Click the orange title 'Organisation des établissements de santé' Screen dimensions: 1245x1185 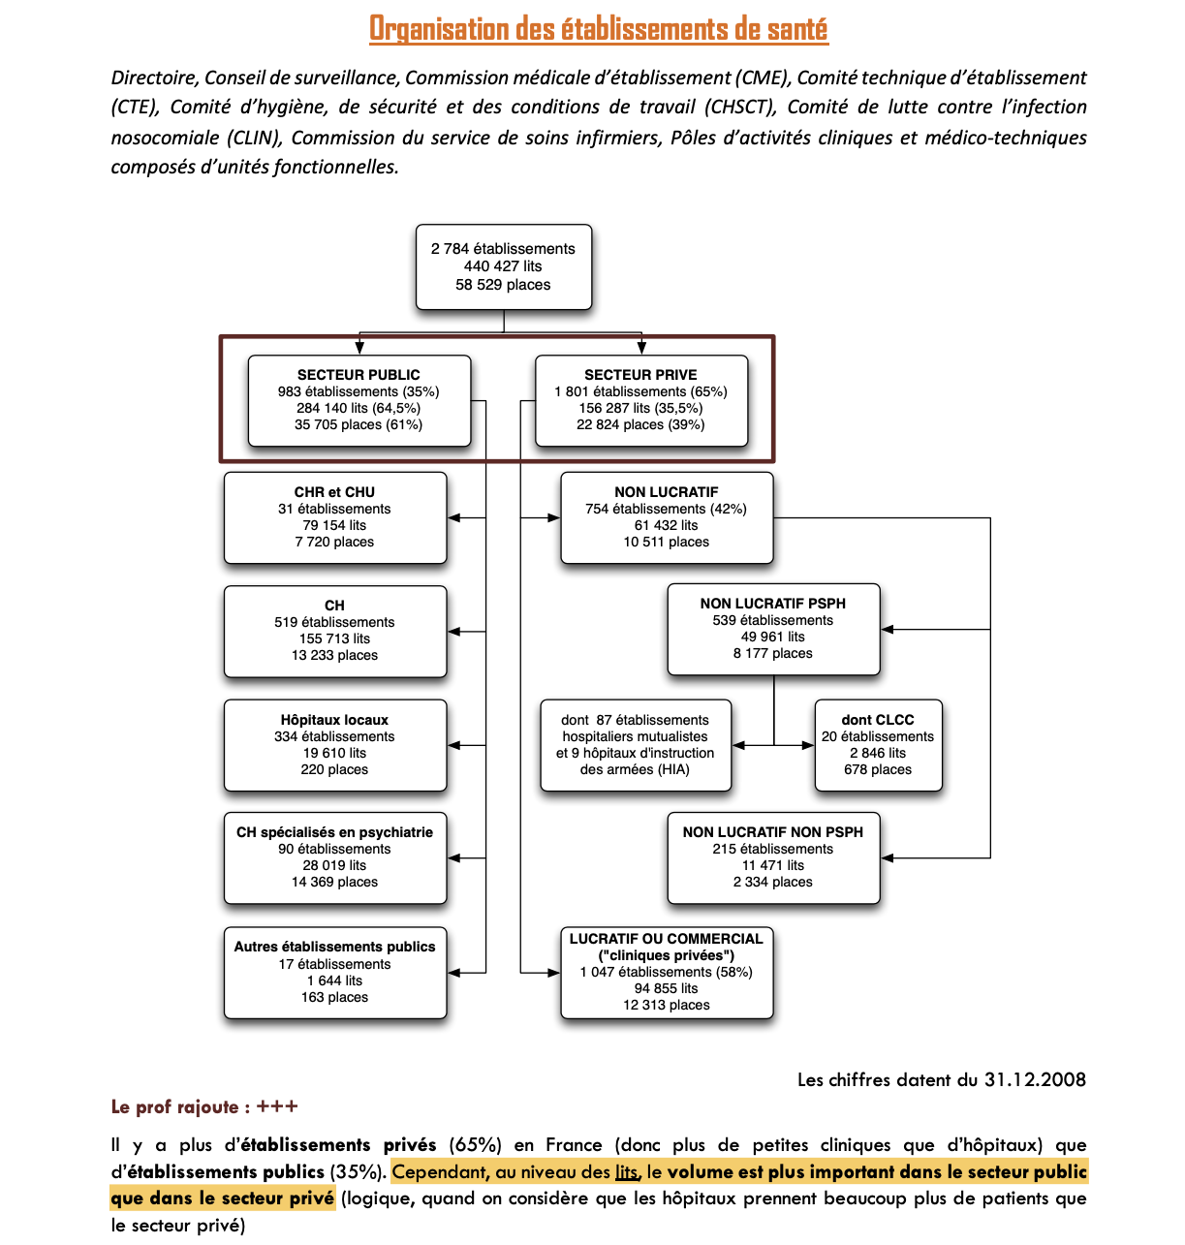[598, 29]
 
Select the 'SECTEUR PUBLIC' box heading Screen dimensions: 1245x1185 [359, 375]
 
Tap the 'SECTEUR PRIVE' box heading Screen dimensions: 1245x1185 [640, 375]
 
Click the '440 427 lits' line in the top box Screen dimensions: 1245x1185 [503, 266]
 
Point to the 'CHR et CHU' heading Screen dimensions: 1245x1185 [334, 492]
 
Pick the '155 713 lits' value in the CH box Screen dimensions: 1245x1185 [334, 638]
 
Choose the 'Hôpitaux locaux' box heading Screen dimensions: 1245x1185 [334, 720]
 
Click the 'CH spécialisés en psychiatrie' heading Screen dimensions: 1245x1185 [334, 832]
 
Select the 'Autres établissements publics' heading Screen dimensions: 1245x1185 [334, 947]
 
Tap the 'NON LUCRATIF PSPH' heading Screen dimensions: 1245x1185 [772, 604]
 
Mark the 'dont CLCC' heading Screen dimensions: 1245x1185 [878, 720]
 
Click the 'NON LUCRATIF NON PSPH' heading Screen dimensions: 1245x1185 [772, 832]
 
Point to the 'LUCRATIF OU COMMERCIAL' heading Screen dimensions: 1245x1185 [666, 939]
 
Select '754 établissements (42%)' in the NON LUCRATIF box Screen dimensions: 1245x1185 [666, 509]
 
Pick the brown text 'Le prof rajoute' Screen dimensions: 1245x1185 [174, 1107]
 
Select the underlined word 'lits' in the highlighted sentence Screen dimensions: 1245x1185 [627, 1172]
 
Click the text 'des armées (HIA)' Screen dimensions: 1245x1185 [635, 769]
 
